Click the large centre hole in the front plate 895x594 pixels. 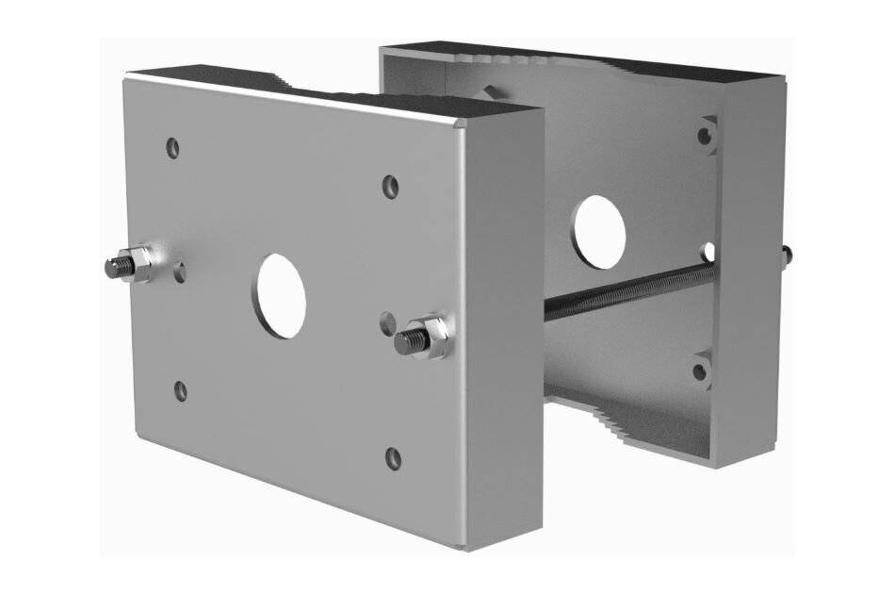(x=280, y=295)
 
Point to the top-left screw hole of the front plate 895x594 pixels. (x=172, y=147)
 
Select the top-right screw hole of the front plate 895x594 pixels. (x=390, y=186)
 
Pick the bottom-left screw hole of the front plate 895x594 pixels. (x=181, y=390)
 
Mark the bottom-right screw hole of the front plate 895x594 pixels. (x=394, y=459)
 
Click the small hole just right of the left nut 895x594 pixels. (x=180, y=273)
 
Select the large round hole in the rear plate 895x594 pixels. (x=598, y=230)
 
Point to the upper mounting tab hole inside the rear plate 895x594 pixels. (x=705, y=135)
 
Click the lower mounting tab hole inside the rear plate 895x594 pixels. (x=701, y=371)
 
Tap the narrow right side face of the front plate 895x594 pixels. (x=504, y=321)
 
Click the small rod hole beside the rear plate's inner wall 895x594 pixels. (x=708, y=252)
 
